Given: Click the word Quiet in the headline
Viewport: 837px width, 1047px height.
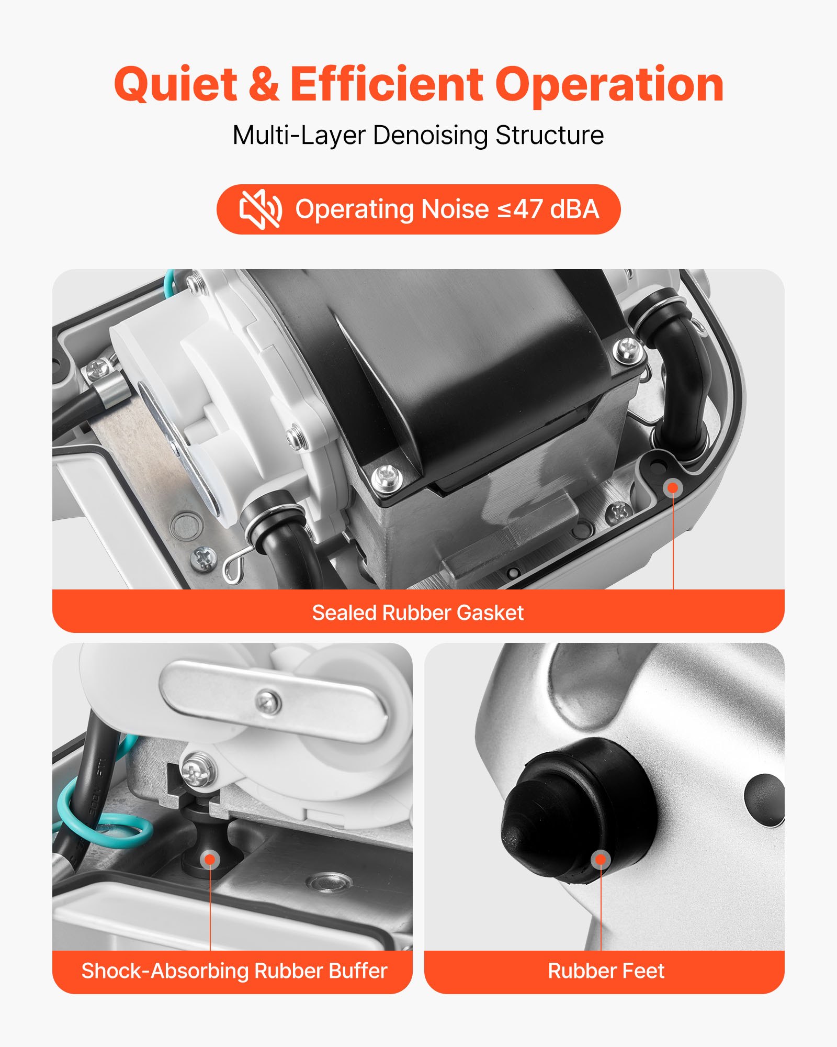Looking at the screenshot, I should [175, 85].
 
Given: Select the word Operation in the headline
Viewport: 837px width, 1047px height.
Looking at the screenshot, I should [609, 85].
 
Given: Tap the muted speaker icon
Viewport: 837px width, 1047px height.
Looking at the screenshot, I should [260, 209].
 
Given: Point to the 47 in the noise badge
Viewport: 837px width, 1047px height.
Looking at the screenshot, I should [527, 209].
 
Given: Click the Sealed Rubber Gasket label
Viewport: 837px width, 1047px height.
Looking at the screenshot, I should [417, 612].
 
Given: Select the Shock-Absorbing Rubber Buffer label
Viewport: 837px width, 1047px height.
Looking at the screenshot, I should [234, 971].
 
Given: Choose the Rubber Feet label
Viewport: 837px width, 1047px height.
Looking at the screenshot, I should [606, 971].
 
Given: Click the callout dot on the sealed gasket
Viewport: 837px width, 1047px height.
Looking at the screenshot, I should [673, 488].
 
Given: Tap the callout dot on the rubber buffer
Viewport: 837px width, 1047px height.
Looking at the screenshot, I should [210, 859].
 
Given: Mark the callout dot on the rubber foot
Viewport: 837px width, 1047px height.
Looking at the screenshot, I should [601, 859].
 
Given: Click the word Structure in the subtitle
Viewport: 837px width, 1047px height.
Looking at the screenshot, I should [549, 136].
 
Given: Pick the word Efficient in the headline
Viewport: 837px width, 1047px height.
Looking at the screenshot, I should [386, 85].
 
